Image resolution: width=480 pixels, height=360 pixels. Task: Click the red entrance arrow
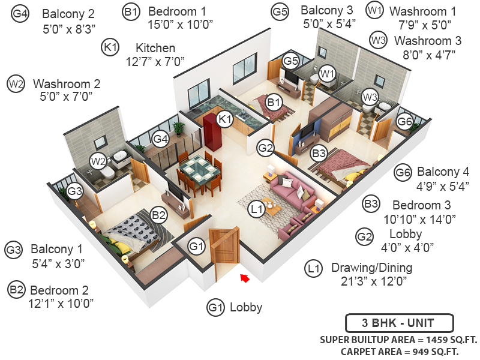(x=244, y=277)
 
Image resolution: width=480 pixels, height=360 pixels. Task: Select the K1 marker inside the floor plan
(x=225, y=119)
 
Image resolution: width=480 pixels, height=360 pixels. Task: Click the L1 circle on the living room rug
(x=257, y=209)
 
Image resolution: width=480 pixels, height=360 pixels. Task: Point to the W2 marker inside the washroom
(x=98, y=161)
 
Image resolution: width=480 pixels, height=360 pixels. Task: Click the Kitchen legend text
(x=155, y=47)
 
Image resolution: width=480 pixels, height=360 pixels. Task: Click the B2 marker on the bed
(x=158, y=214)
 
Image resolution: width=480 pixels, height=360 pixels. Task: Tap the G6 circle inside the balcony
(x=405, y=121)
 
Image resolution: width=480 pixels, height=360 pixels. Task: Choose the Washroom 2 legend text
(x=67, y=83)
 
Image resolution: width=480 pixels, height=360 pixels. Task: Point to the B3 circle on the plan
(x=319, y=153)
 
